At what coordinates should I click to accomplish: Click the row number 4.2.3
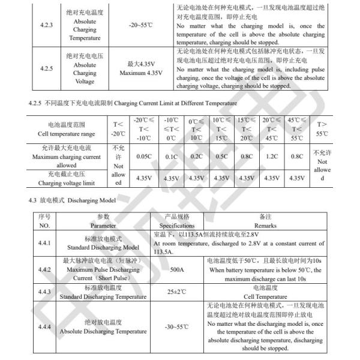(46, 26)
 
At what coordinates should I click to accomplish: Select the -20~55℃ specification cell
(141, 26)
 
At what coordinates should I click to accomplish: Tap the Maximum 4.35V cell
(141, 69)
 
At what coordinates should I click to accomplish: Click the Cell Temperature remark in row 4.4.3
(265, 296)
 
